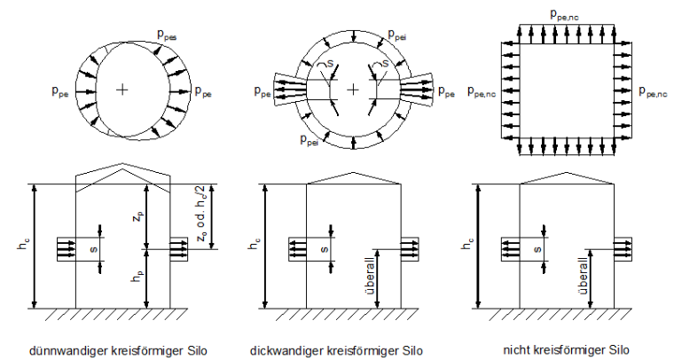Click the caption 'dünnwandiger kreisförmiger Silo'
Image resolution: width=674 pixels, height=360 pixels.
[x=118, y=350]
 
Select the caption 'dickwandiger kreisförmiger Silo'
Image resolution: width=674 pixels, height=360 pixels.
[x=336, y=350]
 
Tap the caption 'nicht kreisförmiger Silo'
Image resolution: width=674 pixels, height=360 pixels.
[x=566, y=349]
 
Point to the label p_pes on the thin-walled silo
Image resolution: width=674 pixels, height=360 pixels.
[x=167, y=35]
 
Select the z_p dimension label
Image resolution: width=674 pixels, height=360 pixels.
[x=137, y=217]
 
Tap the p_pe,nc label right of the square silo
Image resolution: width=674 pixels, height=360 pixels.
[x=653, y=91]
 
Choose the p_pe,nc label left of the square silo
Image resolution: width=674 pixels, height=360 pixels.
[x=482, y=91]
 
